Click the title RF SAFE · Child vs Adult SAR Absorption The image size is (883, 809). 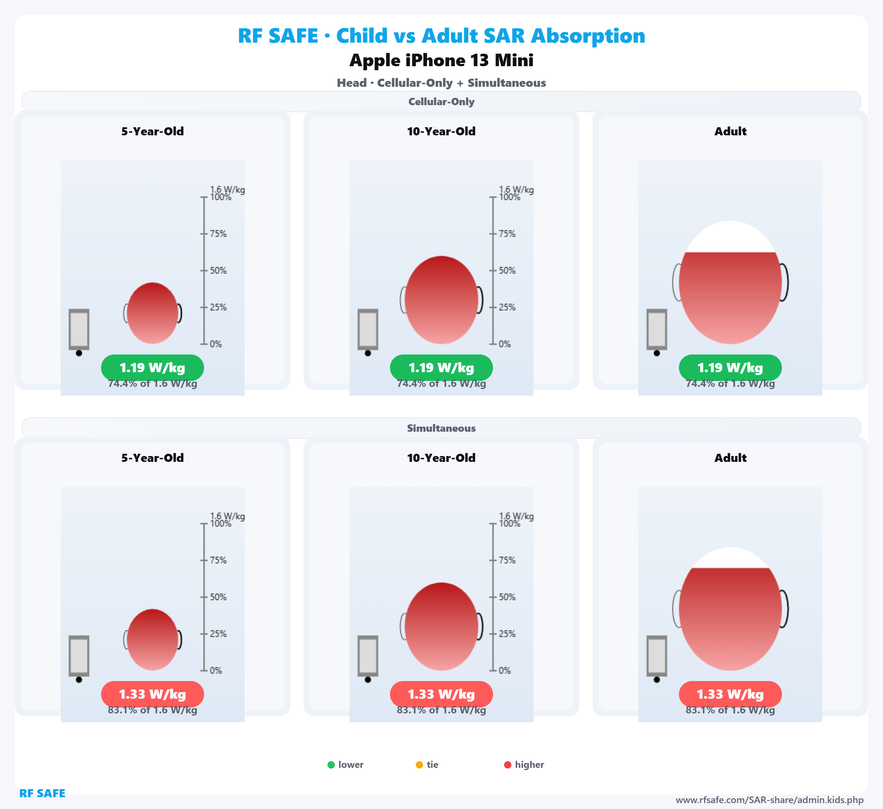[441, 36]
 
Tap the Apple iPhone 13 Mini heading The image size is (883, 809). [441, 60]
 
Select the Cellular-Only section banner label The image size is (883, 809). [441, 101]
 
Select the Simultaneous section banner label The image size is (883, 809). [441, 428]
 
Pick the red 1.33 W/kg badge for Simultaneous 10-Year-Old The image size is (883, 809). [441, 694]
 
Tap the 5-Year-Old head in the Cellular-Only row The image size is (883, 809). [152, 313]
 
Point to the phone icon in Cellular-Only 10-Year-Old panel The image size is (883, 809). [368, 329]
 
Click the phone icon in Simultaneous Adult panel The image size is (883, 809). [657, 656]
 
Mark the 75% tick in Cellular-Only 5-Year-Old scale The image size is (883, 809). [204, 234]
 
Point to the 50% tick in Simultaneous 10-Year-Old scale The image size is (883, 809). [493, 597]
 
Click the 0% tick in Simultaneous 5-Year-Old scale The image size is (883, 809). [204, 670]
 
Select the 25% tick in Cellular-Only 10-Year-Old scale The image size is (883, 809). [493, 307]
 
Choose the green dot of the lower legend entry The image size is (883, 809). [331, 765]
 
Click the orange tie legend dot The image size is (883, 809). [419, 765]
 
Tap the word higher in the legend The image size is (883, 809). [529, 765]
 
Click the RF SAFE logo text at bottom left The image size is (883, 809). [42, 793]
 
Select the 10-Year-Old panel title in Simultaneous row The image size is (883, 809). [441, 458]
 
